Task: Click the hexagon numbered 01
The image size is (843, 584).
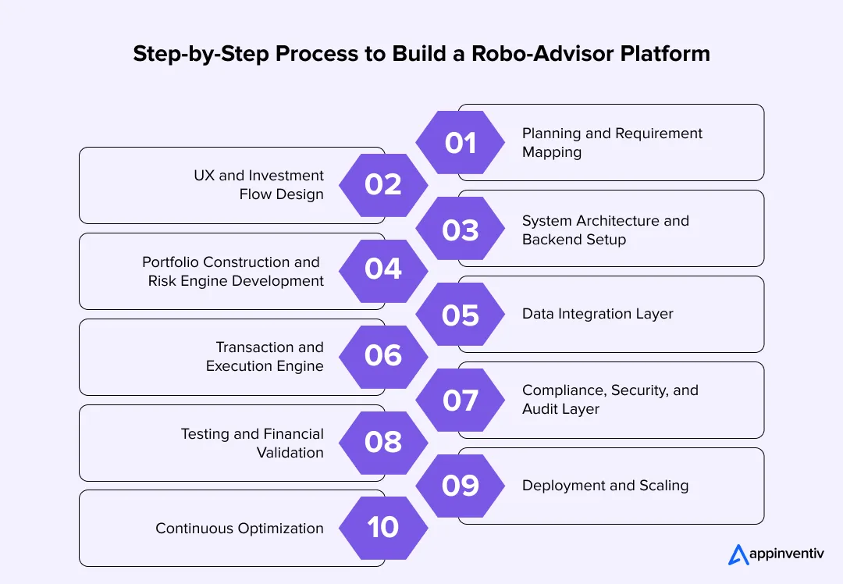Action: coord(461,143)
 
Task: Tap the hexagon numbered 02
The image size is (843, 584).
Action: coord(383,185)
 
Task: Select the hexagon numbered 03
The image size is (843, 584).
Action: coord(461,230)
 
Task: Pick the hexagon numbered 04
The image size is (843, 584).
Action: coord(383,269)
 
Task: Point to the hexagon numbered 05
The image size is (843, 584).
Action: coord(461,315)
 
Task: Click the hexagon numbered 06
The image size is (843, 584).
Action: coord(383,356)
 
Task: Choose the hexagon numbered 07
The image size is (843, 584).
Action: coord(461,401)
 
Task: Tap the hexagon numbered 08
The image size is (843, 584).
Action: coord(383,442)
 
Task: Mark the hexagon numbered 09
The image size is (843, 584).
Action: coord(461,486)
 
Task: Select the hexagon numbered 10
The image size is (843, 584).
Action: coord(383,528)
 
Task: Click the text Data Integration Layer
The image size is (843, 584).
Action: coord(597,314)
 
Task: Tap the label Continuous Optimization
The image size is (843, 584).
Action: coord(239,529)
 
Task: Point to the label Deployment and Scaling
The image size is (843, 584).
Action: coord(605,486)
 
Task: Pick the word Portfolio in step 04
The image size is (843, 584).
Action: coord(169,262)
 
